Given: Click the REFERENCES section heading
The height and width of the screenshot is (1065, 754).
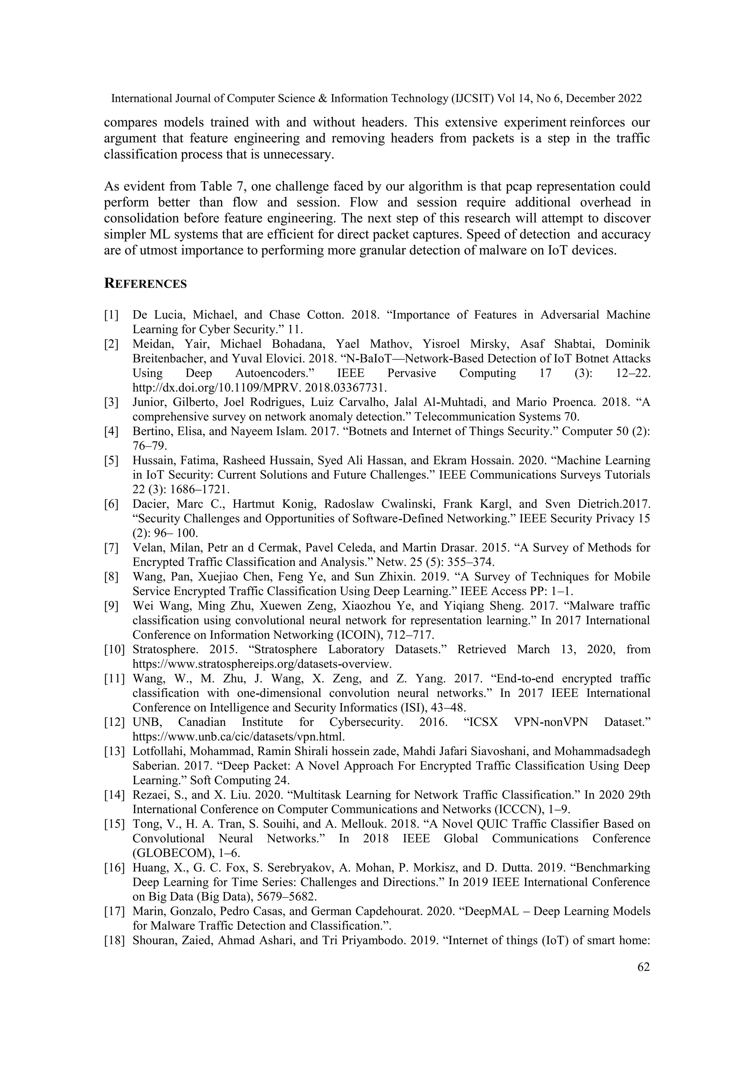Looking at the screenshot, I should tap(145, 284).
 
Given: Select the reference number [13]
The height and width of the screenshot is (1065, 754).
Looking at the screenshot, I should tap(114, 751).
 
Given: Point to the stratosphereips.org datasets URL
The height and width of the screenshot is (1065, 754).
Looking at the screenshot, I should tap(263, 664).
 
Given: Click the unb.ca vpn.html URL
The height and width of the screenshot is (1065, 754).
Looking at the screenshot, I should tap(239, 737).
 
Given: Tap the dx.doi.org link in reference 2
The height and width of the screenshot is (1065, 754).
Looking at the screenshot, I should tap(260, 387).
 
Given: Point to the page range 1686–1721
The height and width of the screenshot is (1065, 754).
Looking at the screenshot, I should tap(195, 489).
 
